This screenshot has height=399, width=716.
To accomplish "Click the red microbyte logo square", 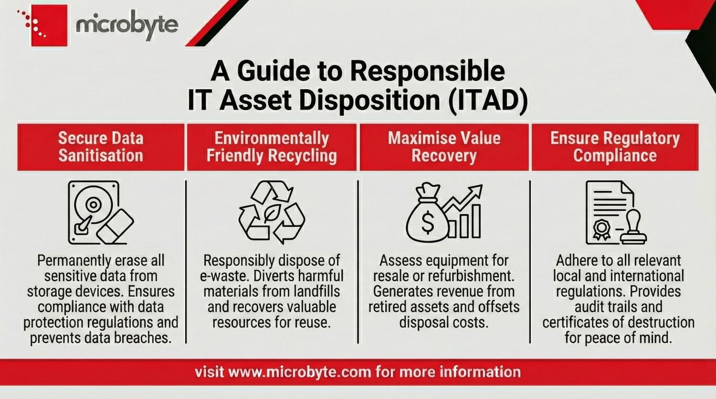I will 49,26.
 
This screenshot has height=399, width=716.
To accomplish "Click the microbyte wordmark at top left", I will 127,24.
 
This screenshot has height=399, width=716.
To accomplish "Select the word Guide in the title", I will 273,72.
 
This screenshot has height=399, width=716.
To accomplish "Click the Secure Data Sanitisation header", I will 101,147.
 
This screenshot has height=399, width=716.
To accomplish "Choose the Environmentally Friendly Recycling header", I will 272,147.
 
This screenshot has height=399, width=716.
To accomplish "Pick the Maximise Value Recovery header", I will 444,147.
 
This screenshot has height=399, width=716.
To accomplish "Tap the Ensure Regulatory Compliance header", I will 615,147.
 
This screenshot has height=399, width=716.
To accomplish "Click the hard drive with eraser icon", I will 100,213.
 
